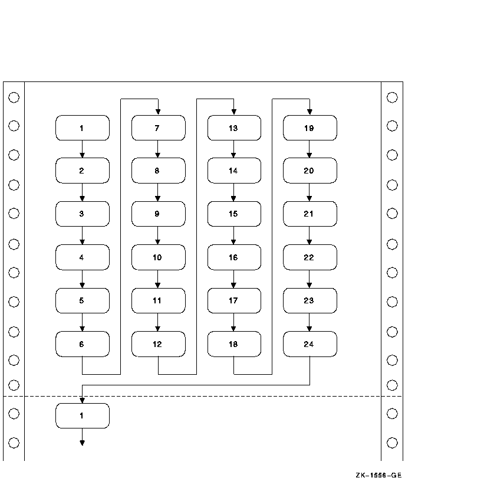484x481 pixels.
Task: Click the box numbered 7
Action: click(158, 128)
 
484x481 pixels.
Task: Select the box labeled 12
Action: click(158, 344)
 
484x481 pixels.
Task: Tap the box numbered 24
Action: click(310, 344)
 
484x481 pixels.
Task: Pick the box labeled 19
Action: click(310, 128)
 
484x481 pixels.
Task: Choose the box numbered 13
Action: click(233, 128)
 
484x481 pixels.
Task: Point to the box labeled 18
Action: click(233, 344)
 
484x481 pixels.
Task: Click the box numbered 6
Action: click(82, 344)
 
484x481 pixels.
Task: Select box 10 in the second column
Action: click(158, 257)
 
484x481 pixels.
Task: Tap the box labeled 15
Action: click(233, 214)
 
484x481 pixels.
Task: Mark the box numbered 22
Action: click(310, 257)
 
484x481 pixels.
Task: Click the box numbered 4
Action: click(82, 257)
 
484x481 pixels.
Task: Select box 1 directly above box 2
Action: click(82, 128)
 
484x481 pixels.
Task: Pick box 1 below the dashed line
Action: click(82, 416)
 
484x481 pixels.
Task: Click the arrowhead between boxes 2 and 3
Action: click(82, 198)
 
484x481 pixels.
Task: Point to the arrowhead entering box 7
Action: click(158, 112)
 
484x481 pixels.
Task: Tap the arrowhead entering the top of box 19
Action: click(310, 112)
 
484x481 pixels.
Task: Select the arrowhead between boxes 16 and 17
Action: click(233, 285)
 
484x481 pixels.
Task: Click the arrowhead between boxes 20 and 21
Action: click(310, 198)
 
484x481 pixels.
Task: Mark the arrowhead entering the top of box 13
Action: click(233, 112)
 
